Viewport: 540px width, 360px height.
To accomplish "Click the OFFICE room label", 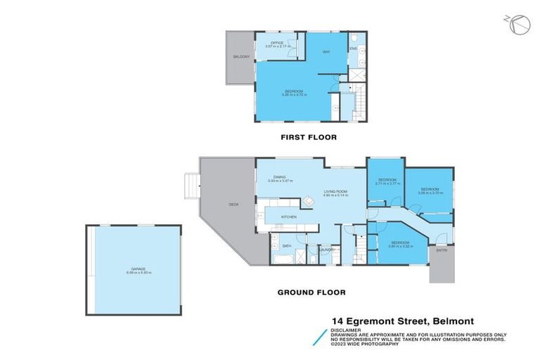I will [274, 44].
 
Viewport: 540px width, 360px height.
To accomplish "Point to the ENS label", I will [354, 49].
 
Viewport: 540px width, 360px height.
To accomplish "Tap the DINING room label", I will [279, 177].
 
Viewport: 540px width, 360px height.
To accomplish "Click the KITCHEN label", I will [289, 217].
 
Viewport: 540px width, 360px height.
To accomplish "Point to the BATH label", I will [287, 246].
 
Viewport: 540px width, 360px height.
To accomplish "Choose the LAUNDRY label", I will [326, 250].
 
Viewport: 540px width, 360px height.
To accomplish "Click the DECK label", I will [233, 205].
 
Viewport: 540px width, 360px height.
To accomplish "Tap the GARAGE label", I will [133, 269].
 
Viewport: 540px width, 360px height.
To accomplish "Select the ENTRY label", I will [442, 251].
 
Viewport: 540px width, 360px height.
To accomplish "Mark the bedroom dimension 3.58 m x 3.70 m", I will [430, 192].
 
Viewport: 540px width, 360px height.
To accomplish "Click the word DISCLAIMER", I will [347, 328].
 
